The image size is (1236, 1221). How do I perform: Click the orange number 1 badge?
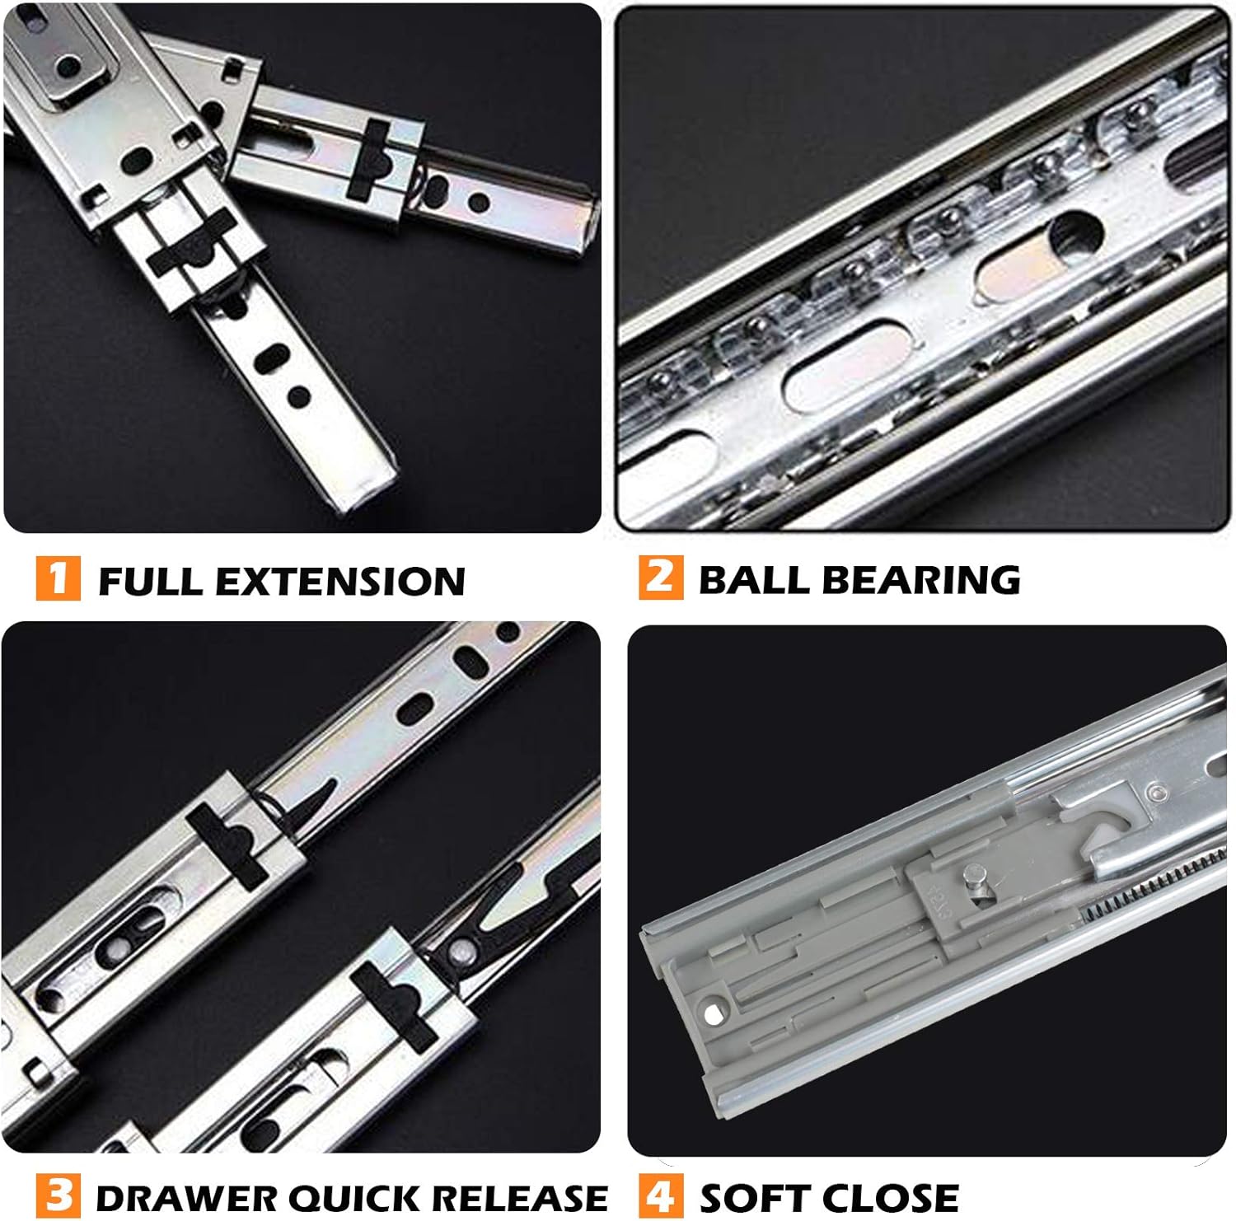point(58,578)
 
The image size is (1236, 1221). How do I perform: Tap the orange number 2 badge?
point(660,577)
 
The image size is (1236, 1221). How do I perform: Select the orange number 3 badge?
point(59,1195)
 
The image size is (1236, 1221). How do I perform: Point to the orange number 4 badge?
point(661,1195)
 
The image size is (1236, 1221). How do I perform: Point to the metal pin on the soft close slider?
point(975,872)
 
